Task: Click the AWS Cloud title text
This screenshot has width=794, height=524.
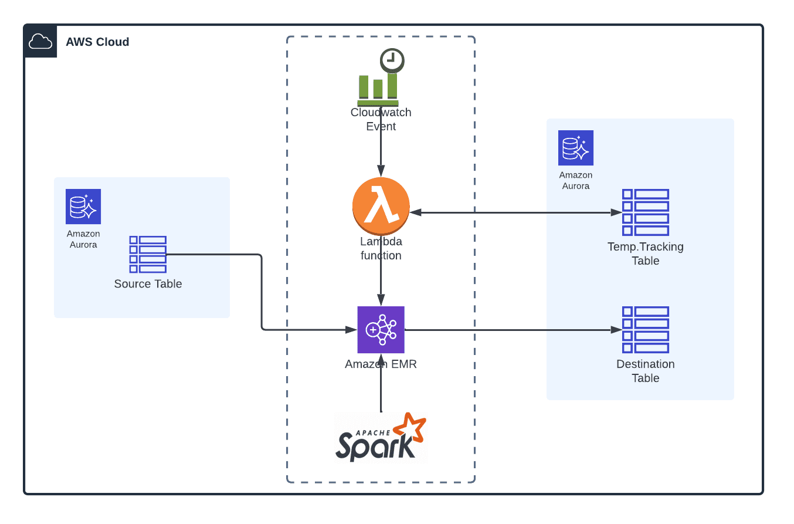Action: pyautogui.click(x=97, y=42)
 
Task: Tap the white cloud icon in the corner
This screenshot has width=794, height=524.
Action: pyautogui.click(x=40, y=42)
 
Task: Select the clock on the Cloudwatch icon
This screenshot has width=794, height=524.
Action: pyautogui.click(x=392, y=60)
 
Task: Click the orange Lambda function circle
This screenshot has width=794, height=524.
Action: pyautogui.click(x=381, y=206)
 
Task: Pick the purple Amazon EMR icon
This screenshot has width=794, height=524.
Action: pyautogui.click(x=381, y=330)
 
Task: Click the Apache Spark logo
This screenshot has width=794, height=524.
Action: pyautogui.click(x=381, y=437)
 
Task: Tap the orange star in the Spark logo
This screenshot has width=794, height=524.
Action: pyautogui.click(x=410, y=428)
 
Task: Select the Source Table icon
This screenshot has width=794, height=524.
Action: pyautogui.click(x=148, y=255)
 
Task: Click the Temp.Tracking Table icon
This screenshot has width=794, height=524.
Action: pyautogui.click(x=646, y=212)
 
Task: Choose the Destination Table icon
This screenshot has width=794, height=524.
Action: pyautogui.click(x=646, y=330)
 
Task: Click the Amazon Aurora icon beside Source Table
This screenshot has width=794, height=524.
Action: pyautogui.click(x=83, y=207)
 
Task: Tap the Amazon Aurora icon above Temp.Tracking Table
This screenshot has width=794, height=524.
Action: pyautogui.click(x=576, y=148)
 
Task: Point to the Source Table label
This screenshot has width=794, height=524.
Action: pyautogui.click(x=148, y=284)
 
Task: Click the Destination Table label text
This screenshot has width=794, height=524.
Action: pyautogui.click(x=646, y=371)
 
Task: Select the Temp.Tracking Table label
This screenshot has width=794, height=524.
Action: pyautogui.click(x=646, y=253)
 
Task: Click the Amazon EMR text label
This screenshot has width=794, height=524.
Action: pyautogui.click(x=381, y=364)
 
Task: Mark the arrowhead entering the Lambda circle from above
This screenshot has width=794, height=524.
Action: pyautogui.click(x=381, y=171)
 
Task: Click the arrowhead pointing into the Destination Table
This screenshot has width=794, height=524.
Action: pyautogui.click(x=616, y=330)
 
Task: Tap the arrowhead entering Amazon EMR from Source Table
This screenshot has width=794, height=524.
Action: pyautogui.click(x=351, y=330)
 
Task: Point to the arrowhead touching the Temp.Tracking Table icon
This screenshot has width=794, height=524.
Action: pyautogui.click(x=616, y=212)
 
